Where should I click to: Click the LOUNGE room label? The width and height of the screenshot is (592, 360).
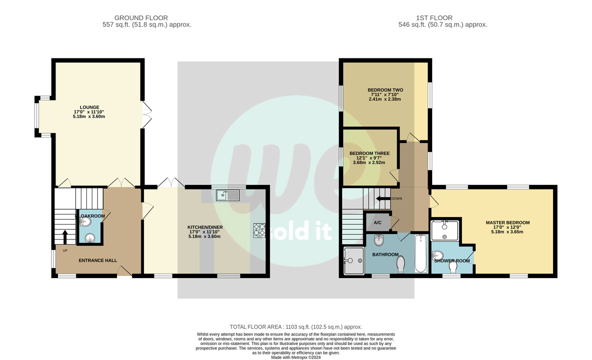[89, 107]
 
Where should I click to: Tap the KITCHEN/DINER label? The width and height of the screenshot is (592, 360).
[205, 227]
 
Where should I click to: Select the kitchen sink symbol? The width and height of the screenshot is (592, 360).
[228, 195]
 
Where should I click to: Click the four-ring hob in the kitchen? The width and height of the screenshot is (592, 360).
[259, 230]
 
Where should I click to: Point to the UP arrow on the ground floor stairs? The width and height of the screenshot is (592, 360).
[64, 237]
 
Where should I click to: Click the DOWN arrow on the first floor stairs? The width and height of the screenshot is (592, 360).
[383, 198]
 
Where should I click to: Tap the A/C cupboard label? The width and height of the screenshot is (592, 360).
[378, 223]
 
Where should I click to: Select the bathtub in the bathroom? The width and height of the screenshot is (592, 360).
[421, 253]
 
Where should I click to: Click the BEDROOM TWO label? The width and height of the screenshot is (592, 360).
[385, 90]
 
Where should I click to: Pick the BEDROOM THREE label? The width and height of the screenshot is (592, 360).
[369, 153]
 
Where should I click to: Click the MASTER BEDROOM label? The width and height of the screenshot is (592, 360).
[508, 222]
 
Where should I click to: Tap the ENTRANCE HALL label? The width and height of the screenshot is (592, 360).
[98, 260]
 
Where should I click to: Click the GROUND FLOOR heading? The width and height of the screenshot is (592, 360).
[141, 18]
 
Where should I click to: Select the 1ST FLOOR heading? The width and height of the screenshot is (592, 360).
[434, 18]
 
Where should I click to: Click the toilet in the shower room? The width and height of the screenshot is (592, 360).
[453, 267]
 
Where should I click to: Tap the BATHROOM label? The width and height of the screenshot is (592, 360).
[385, 254]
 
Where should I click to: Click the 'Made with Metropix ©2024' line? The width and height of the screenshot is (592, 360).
[296, 357]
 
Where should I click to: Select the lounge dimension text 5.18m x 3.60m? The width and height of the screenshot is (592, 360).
[89, 116]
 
